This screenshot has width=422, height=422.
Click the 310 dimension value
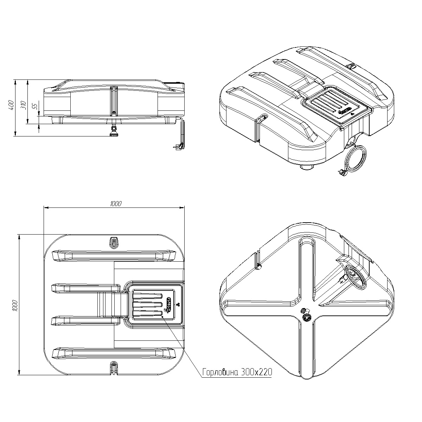24,105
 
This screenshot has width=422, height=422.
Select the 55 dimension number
35,106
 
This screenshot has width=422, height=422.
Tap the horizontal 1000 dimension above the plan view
116,204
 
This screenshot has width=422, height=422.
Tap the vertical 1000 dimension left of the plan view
15,306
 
